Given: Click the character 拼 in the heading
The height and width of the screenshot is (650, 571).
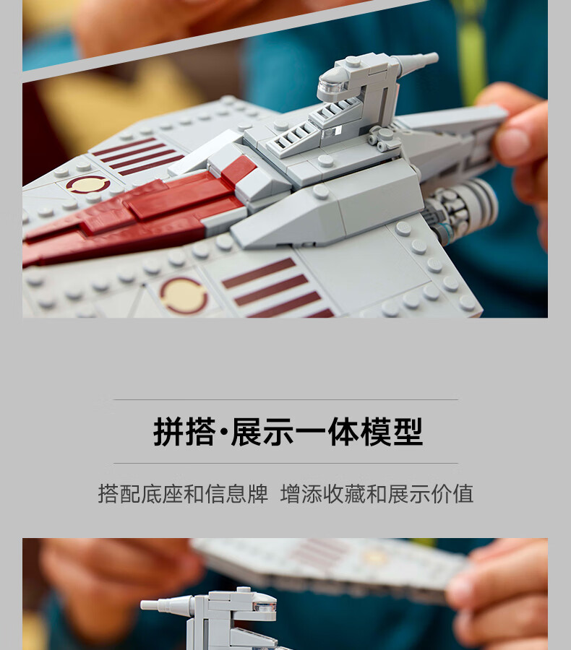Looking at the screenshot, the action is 168,432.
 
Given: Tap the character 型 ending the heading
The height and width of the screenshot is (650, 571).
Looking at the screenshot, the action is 408,432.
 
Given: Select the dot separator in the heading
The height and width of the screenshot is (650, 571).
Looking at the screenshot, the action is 223,433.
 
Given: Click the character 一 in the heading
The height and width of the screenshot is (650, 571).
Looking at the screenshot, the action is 312,433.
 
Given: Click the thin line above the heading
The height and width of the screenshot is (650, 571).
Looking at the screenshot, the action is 285,399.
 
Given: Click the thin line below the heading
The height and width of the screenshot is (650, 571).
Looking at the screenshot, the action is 285,463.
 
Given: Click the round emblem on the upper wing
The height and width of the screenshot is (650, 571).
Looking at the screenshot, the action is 88,184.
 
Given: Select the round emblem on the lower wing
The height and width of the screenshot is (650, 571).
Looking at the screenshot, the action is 184,295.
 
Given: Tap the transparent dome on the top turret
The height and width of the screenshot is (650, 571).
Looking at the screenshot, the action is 332,86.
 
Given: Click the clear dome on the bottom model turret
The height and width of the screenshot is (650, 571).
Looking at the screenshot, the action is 264,606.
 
